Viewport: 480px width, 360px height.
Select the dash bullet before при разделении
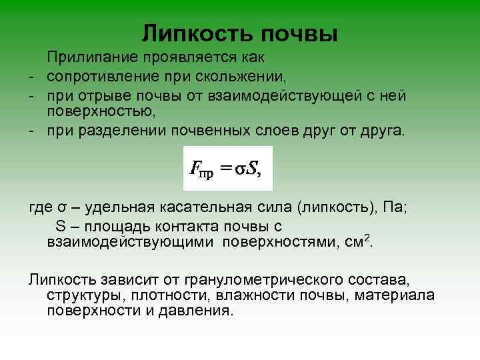tap(31, 128)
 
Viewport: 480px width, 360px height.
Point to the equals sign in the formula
tap(227, 169)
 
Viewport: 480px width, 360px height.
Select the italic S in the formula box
tap(253, 169)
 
